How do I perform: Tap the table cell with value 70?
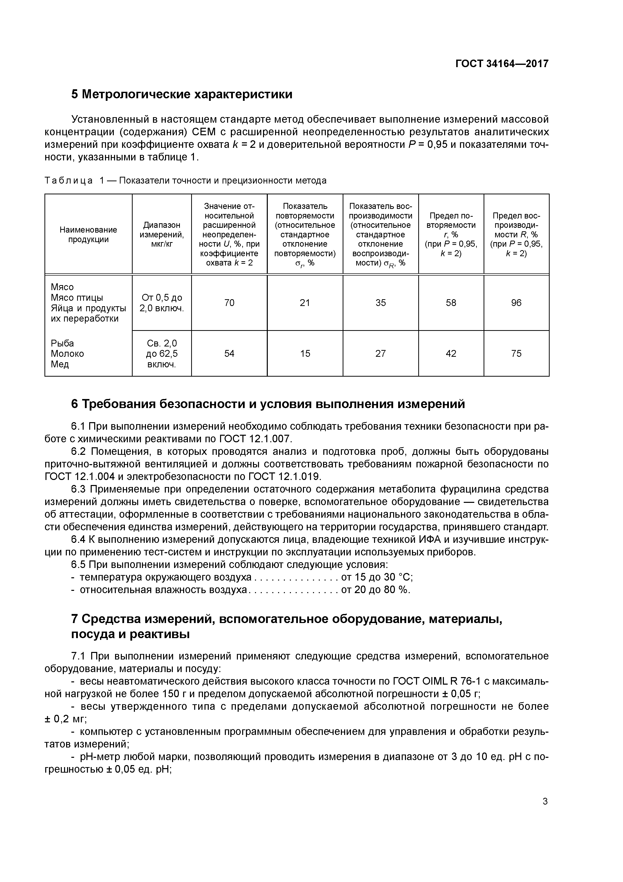(229, 303)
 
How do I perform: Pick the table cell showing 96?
(516, 303)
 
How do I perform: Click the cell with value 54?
(229, 354)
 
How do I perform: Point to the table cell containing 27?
(380, 354)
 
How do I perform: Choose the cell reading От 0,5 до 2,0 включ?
(162, 303)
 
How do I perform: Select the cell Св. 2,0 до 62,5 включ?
(162, 354)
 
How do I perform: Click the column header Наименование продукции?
(88, 234)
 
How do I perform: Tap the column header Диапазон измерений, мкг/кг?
(162, 234)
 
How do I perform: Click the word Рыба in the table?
(62, 343)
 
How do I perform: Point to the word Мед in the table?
(60, 364)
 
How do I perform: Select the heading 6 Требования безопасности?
(268, 404)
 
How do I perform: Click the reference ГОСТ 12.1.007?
(256, 439)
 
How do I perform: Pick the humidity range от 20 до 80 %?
(375, 590)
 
